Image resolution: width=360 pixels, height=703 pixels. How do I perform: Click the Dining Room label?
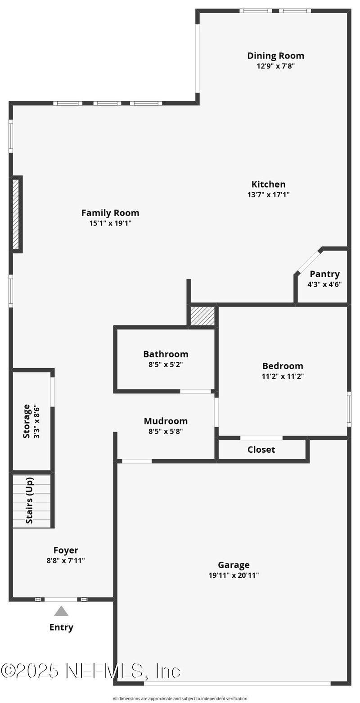point(275,56)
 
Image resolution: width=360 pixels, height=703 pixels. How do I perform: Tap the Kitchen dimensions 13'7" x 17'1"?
point(268,195)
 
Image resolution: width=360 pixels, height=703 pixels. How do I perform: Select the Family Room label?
point(110,213)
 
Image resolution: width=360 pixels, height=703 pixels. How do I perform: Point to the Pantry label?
point(324,274)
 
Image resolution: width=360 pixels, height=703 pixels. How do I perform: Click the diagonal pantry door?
point(309,261)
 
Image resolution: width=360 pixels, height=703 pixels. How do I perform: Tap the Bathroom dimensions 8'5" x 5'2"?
point(166,365)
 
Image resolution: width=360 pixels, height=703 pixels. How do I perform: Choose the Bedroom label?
point(283,366)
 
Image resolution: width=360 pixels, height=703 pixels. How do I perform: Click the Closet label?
point(261,450)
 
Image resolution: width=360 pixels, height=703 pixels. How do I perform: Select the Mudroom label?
point(166,421)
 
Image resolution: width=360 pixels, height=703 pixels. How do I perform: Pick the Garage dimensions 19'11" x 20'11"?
point(234,575)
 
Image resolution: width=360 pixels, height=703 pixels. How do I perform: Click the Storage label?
point(27,421)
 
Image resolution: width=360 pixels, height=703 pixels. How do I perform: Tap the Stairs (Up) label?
point(30,500)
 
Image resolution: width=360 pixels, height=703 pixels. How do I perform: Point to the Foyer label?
point(66,550)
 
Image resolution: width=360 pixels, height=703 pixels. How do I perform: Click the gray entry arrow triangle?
point(61,612)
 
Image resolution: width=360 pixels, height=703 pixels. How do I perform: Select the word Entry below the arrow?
point(61,627)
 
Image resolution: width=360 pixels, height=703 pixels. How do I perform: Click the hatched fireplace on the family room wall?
point(16,214)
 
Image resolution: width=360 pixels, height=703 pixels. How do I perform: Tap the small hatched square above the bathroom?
point(202,316)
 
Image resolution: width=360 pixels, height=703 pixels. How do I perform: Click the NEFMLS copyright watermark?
point(90,671)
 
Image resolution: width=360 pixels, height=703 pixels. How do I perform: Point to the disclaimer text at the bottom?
point(180,698)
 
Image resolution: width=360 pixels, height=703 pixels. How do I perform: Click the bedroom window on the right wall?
point(349,409)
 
